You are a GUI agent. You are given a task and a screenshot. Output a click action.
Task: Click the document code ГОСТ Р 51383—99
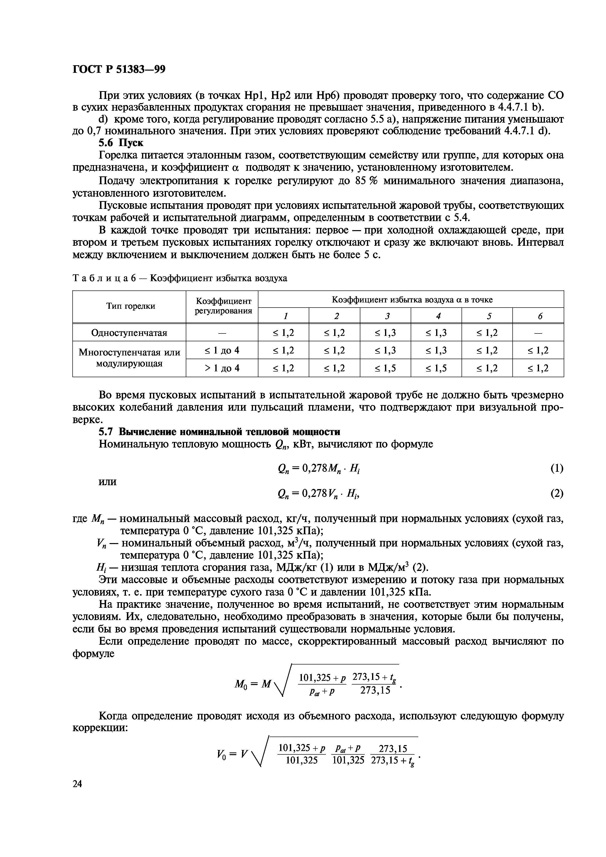tap(119, 69)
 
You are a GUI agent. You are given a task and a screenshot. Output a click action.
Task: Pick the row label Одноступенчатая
tap(129, 332)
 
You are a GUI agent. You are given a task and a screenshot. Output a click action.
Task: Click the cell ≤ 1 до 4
tap(222, 350)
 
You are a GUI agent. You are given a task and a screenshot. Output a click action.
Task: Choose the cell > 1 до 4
tap(222, 368)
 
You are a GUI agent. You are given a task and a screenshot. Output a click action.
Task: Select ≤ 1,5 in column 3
tap(385, 368)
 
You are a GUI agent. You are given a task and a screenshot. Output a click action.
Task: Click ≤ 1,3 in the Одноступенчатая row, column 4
tap(436, 332)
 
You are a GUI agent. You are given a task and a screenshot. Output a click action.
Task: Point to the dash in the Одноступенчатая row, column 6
tap(538, 332)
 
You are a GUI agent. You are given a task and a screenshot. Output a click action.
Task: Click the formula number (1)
tap(557, 468)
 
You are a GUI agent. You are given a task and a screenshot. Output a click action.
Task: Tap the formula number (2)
tap(557, 494)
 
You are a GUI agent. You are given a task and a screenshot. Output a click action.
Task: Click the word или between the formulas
tap(108, 482)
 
